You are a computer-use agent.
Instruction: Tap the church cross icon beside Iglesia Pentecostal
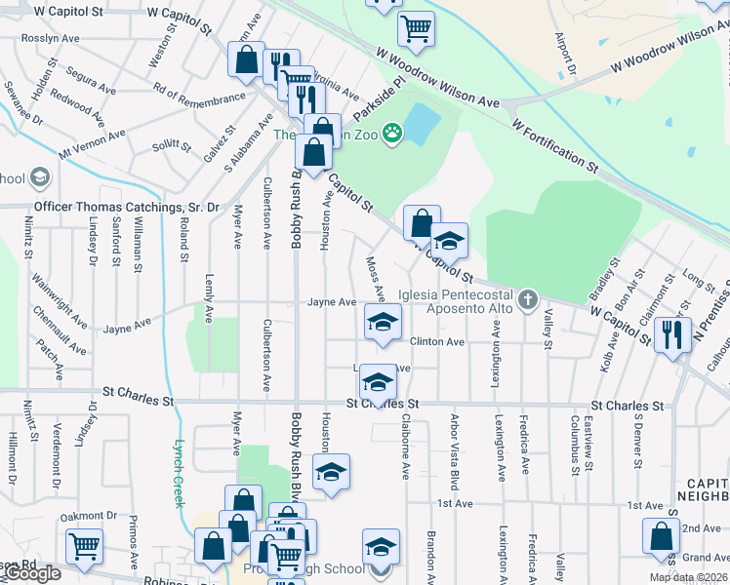[x=528, y=297]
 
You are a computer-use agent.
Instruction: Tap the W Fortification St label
[x=552, y=140]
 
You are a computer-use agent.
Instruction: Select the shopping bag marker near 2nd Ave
[x=661, y=536]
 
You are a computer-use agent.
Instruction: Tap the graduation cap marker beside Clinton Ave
[x=384, y=323]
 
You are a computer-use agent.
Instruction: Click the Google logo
[x=31, y=573]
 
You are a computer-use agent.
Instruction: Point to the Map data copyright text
[x=688, y=577]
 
